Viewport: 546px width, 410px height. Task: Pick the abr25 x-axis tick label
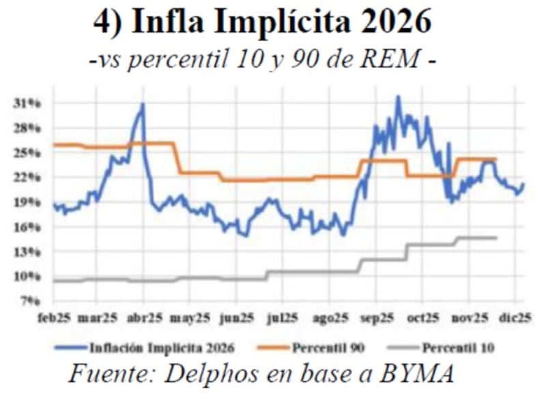(x=145, y=318)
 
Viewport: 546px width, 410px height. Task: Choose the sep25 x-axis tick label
(x=377, y=318)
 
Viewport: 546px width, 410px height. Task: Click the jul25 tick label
(x=283, y=318)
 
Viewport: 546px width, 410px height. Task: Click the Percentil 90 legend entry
(x=328, y=348)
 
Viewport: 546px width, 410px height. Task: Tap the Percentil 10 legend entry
(x=458, y=348)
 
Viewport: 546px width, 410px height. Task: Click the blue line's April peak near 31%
(x=143, y=104)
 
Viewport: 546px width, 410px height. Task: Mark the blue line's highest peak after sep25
(x=398, y=97)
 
